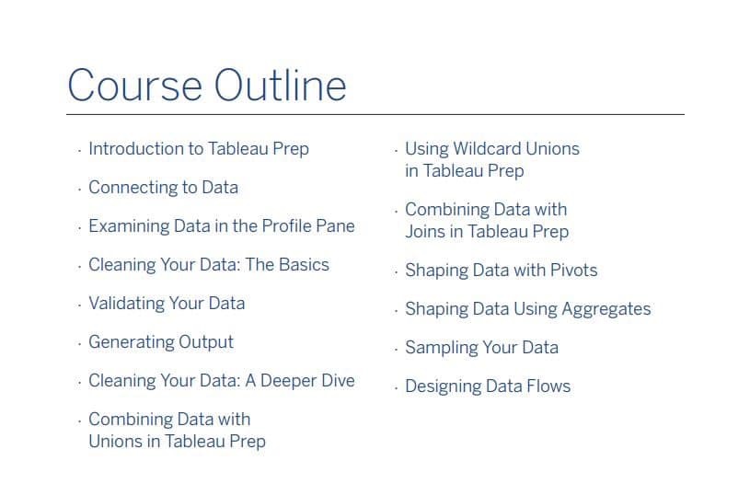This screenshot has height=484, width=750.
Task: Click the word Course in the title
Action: click(134, 86)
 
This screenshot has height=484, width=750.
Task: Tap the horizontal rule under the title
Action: click(375, 114)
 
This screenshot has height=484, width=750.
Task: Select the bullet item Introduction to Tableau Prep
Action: click(199, 149)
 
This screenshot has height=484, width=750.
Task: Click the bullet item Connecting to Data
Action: click(163, 188)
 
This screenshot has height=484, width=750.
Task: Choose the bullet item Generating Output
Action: click(161, 342)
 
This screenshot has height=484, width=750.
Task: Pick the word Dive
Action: click(338, 381)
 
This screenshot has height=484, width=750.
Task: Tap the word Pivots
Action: click(573, 271)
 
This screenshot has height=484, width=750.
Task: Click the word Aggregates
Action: click(606, 309)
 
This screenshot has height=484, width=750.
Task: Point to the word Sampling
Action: click(441, 348)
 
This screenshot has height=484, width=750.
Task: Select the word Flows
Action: click(548, 386)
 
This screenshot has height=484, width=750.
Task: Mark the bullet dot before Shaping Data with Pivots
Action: click(396, 272)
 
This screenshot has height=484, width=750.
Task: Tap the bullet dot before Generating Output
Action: click(79, 344)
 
